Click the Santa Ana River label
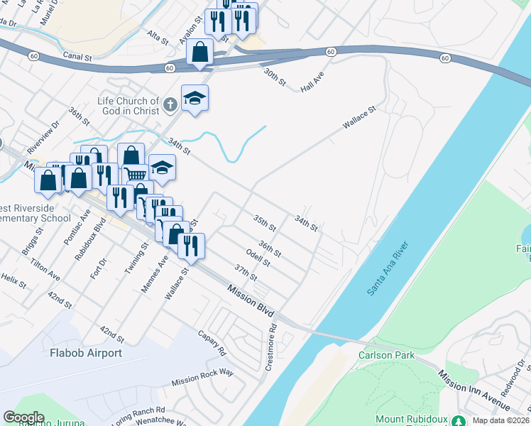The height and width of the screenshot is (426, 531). coord(388,270)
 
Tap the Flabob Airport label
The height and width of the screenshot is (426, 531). coord(86,353)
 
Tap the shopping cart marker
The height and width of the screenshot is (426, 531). coord(134,175)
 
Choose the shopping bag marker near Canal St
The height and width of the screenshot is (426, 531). coord(201,52)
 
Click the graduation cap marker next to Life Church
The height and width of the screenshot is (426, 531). coord(194,99)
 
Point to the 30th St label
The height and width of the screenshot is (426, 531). coord(275,78)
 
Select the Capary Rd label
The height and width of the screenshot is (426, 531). coord(212,343)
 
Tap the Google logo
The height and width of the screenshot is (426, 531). coord(23,417)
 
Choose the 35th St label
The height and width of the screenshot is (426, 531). coord(265,222)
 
